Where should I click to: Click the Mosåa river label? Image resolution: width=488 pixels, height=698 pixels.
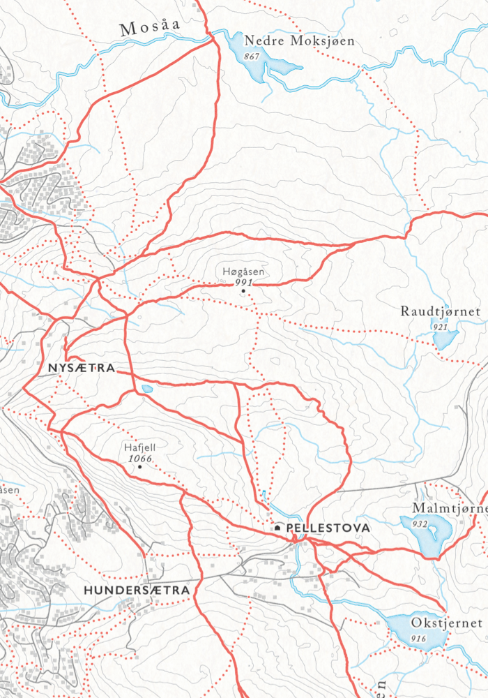pyautogui.click(x=150, y=27)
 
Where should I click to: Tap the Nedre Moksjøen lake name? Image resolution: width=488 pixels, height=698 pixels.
pyautogui.click(x=299, y=41)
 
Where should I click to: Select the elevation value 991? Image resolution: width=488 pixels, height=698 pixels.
pyautogui.click(x=243, y=283)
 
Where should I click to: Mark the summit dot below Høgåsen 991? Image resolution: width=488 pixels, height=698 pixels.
pyautogui.click(x=243, y=291)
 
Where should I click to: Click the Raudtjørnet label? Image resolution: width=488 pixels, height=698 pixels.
pyautogui.click(x=441, y=311)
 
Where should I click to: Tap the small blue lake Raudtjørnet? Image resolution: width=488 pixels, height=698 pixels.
pyautogui.click(x=443, y=339)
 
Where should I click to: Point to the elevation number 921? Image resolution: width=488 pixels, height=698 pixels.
pyautogui.click(x=439, y=326)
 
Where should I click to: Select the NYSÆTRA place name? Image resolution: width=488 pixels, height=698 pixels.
pyautogui.click(x=80, y=367)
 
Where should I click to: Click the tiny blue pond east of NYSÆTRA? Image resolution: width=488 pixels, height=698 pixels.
pyautogui.click(x=146, y=389)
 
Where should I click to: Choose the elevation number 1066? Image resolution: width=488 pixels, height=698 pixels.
pyautogui.click(x=140, y=459)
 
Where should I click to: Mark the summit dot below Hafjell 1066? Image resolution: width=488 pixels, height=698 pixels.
pyautogui.click(x=139, y=467)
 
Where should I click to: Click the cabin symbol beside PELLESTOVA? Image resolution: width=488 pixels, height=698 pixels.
pyautogui.click(x=277, y=528)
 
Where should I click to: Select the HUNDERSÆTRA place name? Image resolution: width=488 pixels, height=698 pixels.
pyautogui.click(x=137, y=591)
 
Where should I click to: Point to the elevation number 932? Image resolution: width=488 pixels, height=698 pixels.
pyautogui.click(x=419, y=523)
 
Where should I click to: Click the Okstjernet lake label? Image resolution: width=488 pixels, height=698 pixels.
pyautogui.click(x=446, y=623)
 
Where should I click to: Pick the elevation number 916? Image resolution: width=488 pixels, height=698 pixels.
pyautogui.click(x=419, y=639)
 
